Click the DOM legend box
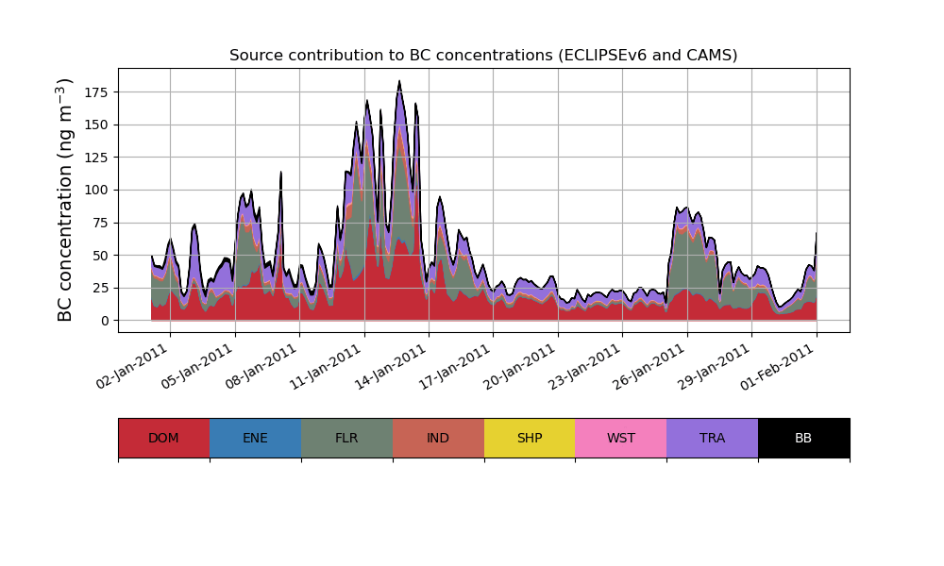[x=163, y=438]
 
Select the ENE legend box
[x=255, y=438]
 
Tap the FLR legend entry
[x=346, y=438]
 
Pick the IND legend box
[x=438, y=438]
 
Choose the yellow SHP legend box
[x=530, y=438]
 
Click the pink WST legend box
[x=621, y=438]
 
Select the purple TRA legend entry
[x=713, y=438]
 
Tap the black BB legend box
[x=803, y=438]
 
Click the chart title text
[x=483, y=56]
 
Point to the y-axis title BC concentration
[x=65, y=200]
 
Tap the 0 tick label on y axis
[x=105, y=321]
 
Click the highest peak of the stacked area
[x=399, y=82]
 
